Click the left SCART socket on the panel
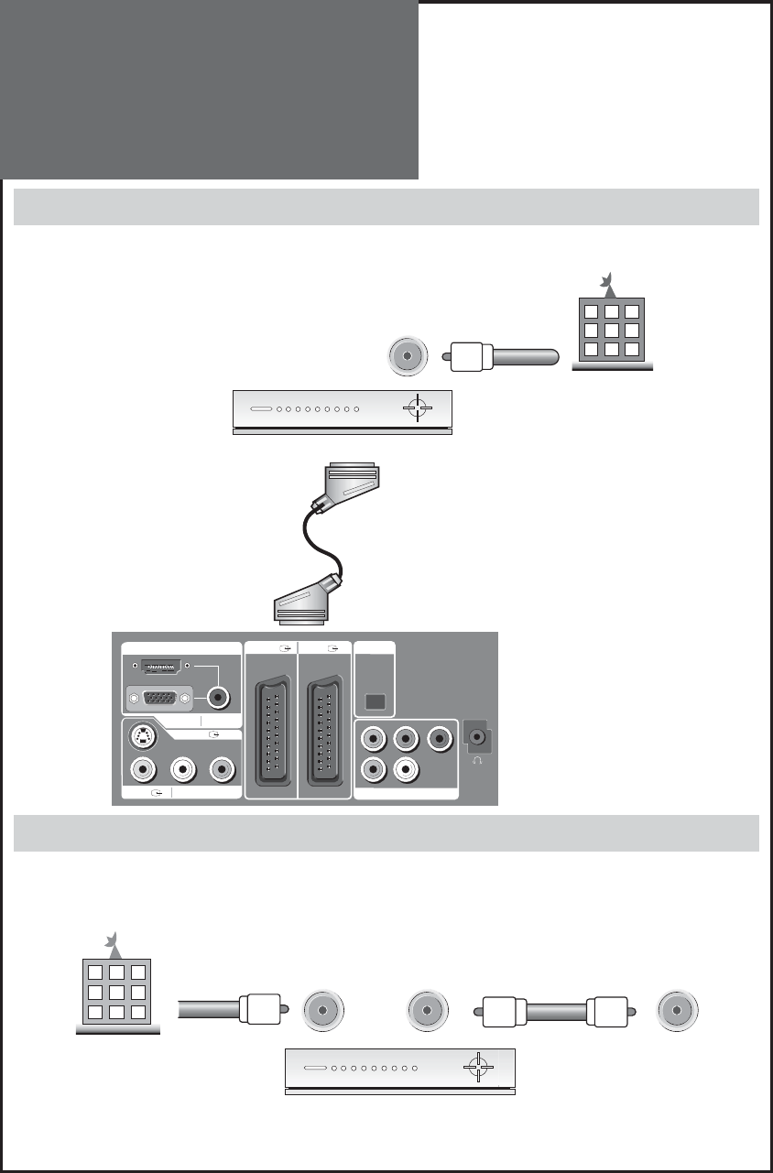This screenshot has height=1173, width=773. tap(271, 722)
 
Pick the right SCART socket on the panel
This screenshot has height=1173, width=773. tap(324, 722)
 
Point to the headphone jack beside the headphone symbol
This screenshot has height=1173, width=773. tap(476, 734)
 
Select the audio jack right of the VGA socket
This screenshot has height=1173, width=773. tap(218, 698)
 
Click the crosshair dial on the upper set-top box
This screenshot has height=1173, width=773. tap(418, 408)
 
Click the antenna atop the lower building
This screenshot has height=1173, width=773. tap(111, 938)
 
